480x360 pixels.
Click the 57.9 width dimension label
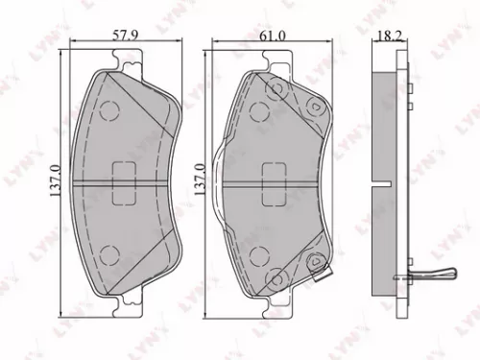coord(127,35)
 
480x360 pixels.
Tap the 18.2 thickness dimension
coord(388,35)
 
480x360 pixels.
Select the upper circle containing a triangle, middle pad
coord(313,106)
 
